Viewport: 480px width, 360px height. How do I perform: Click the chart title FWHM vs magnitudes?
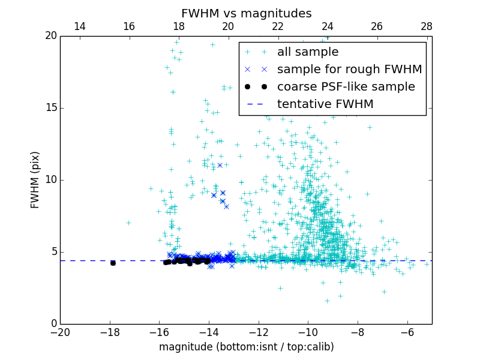pyautogui.click(x=246, y=13)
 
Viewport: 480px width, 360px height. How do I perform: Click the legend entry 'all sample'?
pyautogui.click(x=308, y=52)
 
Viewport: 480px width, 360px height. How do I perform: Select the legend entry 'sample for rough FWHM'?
pyautogui.click(x=349, y=70)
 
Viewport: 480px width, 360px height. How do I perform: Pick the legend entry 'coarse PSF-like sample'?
pyautogui.click(x=346, y=87)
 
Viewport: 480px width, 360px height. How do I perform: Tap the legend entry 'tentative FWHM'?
pyautogui.click(x=325, y=104)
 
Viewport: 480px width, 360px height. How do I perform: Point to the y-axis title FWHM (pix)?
pyautogui.click(x=35, y=180)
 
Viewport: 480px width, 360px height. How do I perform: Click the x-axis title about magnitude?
pyautogui.click(x=246, y=347)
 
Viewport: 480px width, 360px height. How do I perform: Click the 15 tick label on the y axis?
pyautogui.click(x=50, y=108)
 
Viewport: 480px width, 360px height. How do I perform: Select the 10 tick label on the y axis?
pyautogui.click(x=50, y=180)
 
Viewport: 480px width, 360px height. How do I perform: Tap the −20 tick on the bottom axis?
pyautogui.click(x=60, y=332)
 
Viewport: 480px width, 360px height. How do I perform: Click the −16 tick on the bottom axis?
pyautogui.click(x=159, y=332)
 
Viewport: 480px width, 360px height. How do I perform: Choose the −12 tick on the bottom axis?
pyautogui.click(x=259, y=332)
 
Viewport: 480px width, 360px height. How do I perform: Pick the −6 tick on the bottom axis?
pyautogui.click(x=407, y=332)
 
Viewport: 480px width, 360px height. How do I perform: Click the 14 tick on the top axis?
pyautogui.click(x=79, y=26)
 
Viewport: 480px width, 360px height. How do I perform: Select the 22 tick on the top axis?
pyautogui.click(x=278, y=26)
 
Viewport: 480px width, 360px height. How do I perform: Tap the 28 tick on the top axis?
pyautogui.click(x=427, y=26)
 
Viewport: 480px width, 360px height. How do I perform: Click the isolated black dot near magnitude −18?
pyautogui.click(x=113, y=263)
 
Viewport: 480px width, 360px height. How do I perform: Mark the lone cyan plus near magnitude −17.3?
pyautogui.click(x=128, y=223)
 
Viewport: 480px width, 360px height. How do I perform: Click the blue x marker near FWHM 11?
pyautogui.click(x=220, y=165)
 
